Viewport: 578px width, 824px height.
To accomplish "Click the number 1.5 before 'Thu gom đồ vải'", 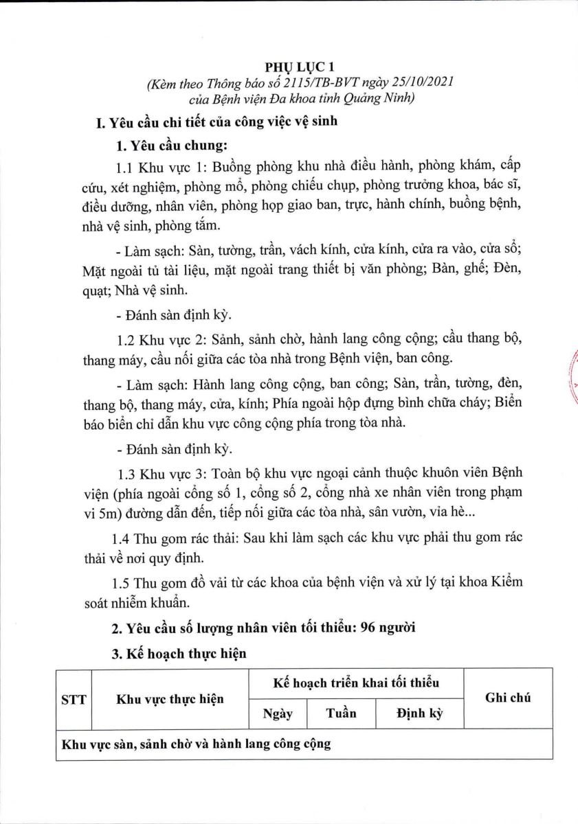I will click(126, 582).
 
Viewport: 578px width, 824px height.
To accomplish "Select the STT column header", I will click(74, 699).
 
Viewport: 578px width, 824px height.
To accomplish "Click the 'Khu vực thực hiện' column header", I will click(170, 699).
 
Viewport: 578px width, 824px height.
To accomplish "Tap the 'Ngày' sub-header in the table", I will click(278, 713).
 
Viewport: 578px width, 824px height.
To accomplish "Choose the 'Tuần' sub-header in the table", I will click(341, 713).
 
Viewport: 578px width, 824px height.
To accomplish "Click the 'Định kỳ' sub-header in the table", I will click(419, 713).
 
